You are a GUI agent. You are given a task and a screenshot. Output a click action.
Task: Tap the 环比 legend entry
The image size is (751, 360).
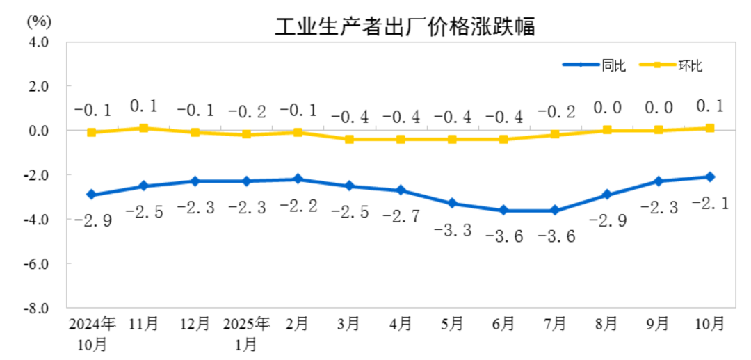point(691,66)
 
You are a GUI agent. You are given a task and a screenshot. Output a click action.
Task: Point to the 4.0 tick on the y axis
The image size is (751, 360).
point(39,42)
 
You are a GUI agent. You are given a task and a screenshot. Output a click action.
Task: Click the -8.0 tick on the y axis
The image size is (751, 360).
point(38,308)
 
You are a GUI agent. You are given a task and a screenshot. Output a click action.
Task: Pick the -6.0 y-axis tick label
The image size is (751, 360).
point(38,264)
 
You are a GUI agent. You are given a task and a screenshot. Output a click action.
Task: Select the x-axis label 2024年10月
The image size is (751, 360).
point(91,333)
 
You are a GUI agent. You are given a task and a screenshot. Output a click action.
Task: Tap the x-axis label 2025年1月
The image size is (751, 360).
point(246,333)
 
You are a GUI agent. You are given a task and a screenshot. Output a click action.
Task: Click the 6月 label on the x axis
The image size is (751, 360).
point(503,323)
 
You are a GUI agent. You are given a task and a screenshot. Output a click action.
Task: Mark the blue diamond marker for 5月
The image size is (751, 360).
point(452,204)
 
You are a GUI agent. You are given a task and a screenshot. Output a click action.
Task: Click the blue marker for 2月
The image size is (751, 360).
point(298,179)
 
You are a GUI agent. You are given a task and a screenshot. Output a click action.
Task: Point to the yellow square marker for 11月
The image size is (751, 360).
point(143,128)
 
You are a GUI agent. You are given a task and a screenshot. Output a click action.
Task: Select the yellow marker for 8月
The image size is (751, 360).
point(606,130)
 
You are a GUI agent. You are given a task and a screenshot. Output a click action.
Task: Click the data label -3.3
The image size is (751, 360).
point(452,229)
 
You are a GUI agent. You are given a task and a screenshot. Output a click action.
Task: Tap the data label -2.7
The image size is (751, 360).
point(401,216)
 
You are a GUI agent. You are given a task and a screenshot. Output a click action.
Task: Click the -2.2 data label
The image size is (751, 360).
point(298,206)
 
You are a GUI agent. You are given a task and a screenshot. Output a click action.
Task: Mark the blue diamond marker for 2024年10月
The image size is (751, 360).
point(91,195)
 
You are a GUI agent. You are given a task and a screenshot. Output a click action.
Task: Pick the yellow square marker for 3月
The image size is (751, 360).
point(349,139)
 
